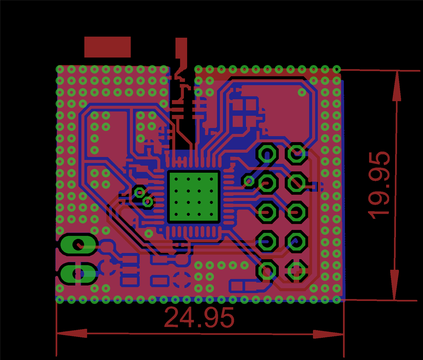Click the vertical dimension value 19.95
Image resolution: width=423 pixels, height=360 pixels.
[379, 185]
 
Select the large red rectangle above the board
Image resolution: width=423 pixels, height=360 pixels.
[107, 47]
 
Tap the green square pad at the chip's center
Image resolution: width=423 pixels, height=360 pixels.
[194, 196]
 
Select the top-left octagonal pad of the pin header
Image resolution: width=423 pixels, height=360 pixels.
[267, 153]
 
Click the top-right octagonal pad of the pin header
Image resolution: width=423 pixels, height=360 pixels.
[296, 153]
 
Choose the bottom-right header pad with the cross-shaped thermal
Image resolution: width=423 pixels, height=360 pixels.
[296, 271]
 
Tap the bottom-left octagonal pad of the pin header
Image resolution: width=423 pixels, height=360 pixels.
[267, 271]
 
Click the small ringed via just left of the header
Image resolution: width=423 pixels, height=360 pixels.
[249, 181]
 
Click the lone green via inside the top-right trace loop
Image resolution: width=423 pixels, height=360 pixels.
[302, 92]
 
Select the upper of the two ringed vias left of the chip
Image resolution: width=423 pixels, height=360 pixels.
[140, 193]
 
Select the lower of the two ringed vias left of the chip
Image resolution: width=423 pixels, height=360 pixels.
[148, 202]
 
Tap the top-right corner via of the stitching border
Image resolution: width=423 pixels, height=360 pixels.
[337, 69]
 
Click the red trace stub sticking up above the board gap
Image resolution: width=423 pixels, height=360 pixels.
[181, 50]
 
